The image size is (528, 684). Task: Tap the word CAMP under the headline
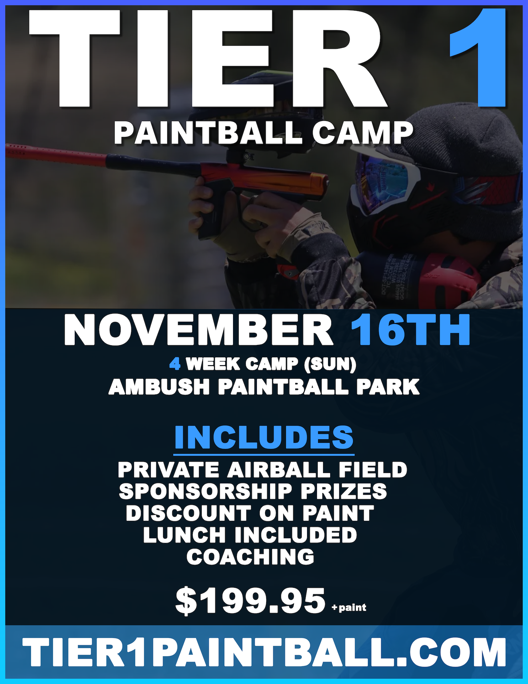coord(363,133)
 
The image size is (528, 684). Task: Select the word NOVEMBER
coord(199,330)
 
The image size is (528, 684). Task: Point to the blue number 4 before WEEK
coord(175,364)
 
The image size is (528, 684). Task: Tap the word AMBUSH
coord(159,387)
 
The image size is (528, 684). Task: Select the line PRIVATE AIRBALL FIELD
coord(263,470)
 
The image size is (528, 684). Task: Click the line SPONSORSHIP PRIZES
coord(253,491)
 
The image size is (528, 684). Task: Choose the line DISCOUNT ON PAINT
coord(250,513)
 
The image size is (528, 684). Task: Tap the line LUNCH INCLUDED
coord(250,535)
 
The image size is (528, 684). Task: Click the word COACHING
coord(250,556)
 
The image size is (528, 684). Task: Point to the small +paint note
coord(349,607)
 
